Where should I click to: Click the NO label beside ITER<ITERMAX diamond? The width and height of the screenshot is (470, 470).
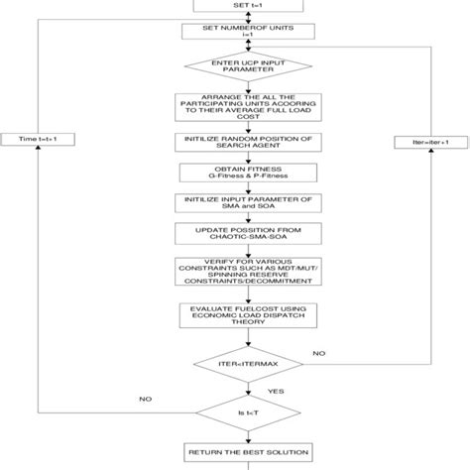tap(319, 351)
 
